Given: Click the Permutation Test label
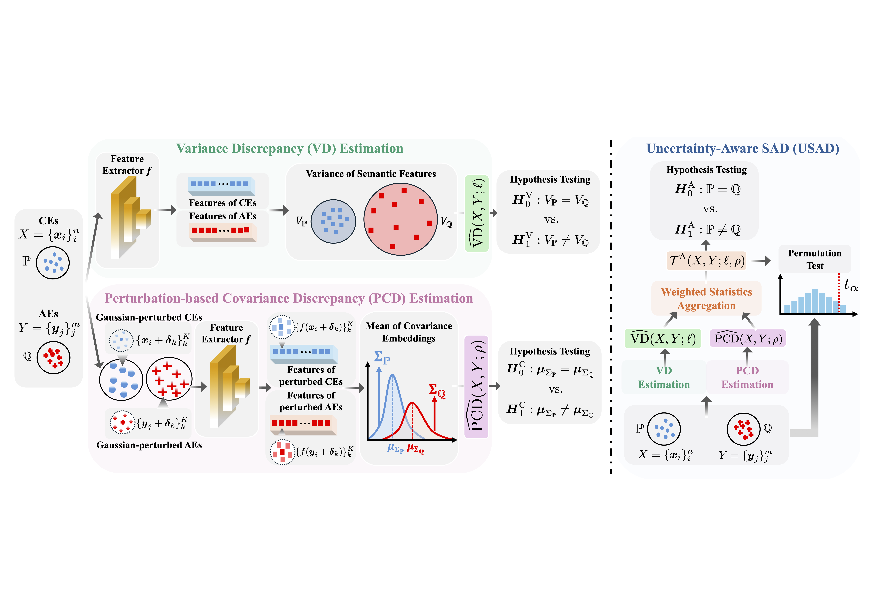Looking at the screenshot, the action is coord(815,259).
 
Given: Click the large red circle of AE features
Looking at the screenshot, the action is coord(401,219).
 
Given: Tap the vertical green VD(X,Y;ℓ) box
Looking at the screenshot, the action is coord(477,213).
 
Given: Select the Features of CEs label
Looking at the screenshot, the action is coord(223,203).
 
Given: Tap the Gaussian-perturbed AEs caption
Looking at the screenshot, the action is coord(149,445).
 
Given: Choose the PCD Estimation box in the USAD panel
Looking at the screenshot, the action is coord(747,377).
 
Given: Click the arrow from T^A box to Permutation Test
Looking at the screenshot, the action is coord(761,261).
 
